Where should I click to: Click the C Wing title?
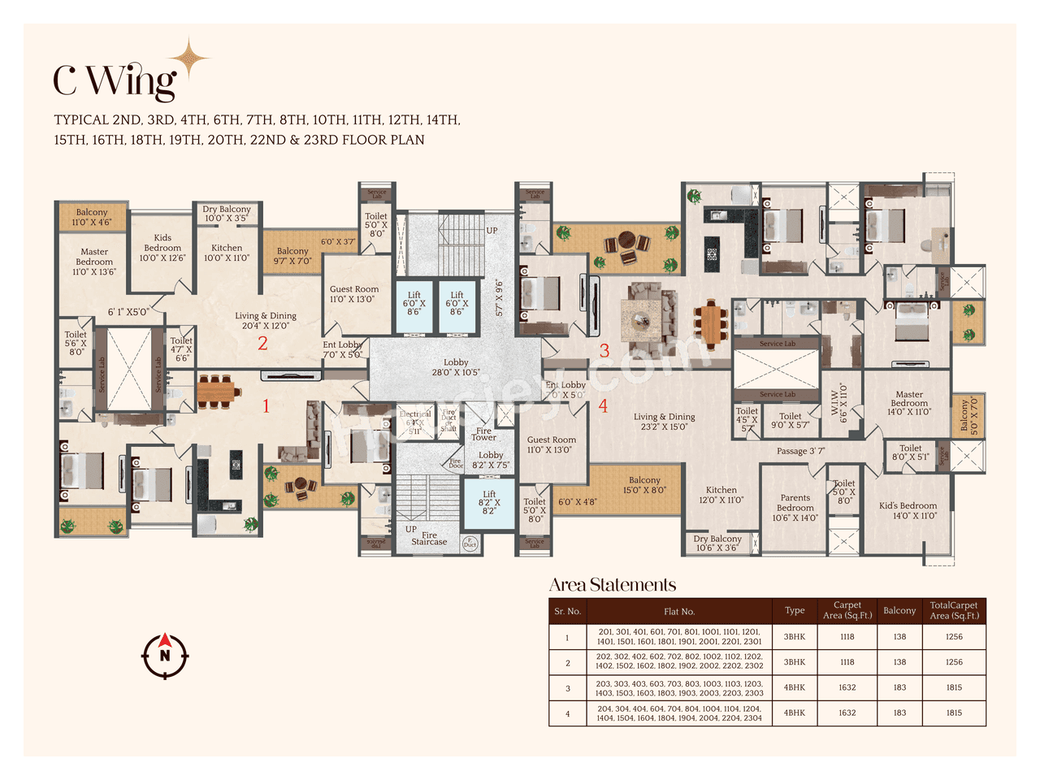point(115,80)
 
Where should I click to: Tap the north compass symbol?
point(165,655)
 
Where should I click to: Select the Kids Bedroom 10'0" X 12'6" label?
point(162,248)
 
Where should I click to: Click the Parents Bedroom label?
point(795,508)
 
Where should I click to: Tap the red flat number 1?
point(266,405)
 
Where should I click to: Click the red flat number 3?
point(604,351)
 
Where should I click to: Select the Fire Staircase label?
point(429,538)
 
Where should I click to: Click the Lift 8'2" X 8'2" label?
point(489,502)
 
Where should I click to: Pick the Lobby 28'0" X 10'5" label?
point(456,367)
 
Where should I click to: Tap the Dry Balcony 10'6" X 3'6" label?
point(717,543)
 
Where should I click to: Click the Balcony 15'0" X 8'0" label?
point(644,485)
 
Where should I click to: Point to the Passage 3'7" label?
point(800,451)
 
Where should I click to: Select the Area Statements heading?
point(613,585)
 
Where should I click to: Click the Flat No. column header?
point(679,612)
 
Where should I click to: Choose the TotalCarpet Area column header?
point(954,611)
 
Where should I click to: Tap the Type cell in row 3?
point(795,687)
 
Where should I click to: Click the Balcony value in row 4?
point(899,713)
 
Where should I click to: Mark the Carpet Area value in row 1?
point(847,637)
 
